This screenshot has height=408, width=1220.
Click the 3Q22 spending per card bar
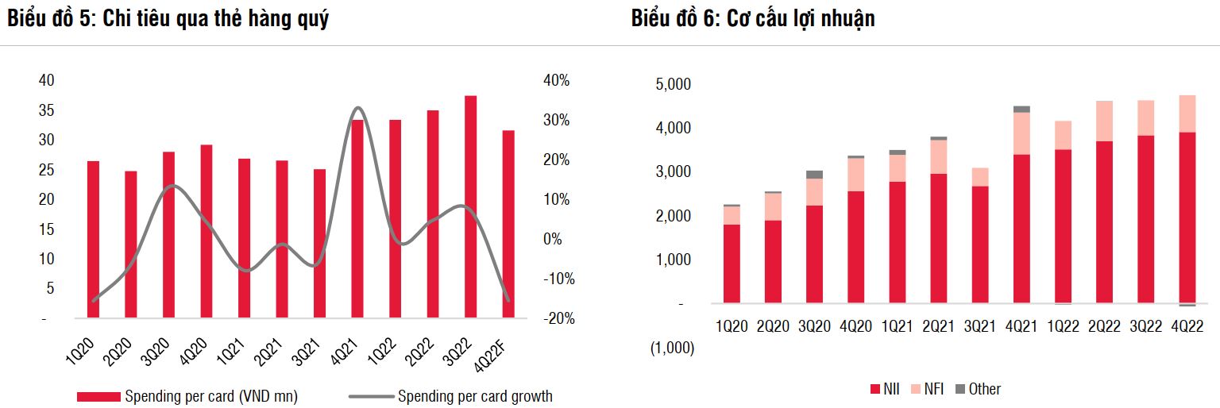click(x=471, y=206)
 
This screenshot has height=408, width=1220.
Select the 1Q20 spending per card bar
click(x=94, y=239)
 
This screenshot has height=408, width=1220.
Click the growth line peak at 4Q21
click(x=357, y=109)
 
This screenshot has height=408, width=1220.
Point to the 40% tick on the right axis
click(x=556, y=81)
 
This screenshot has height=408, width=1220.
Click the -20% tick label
click(x=558, y=318)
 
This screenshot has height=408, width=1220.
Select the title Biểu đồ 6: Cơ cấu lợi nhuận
click(x=753, y=19)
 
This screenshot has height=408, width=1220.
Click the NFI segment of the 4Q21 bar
click(x=1021, y=133)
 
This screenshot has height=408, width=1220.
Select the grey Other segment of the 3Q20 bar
click(x=815, y=175)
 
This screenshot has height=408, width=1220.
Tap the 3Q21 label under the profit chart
click(x=980, y=326)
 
